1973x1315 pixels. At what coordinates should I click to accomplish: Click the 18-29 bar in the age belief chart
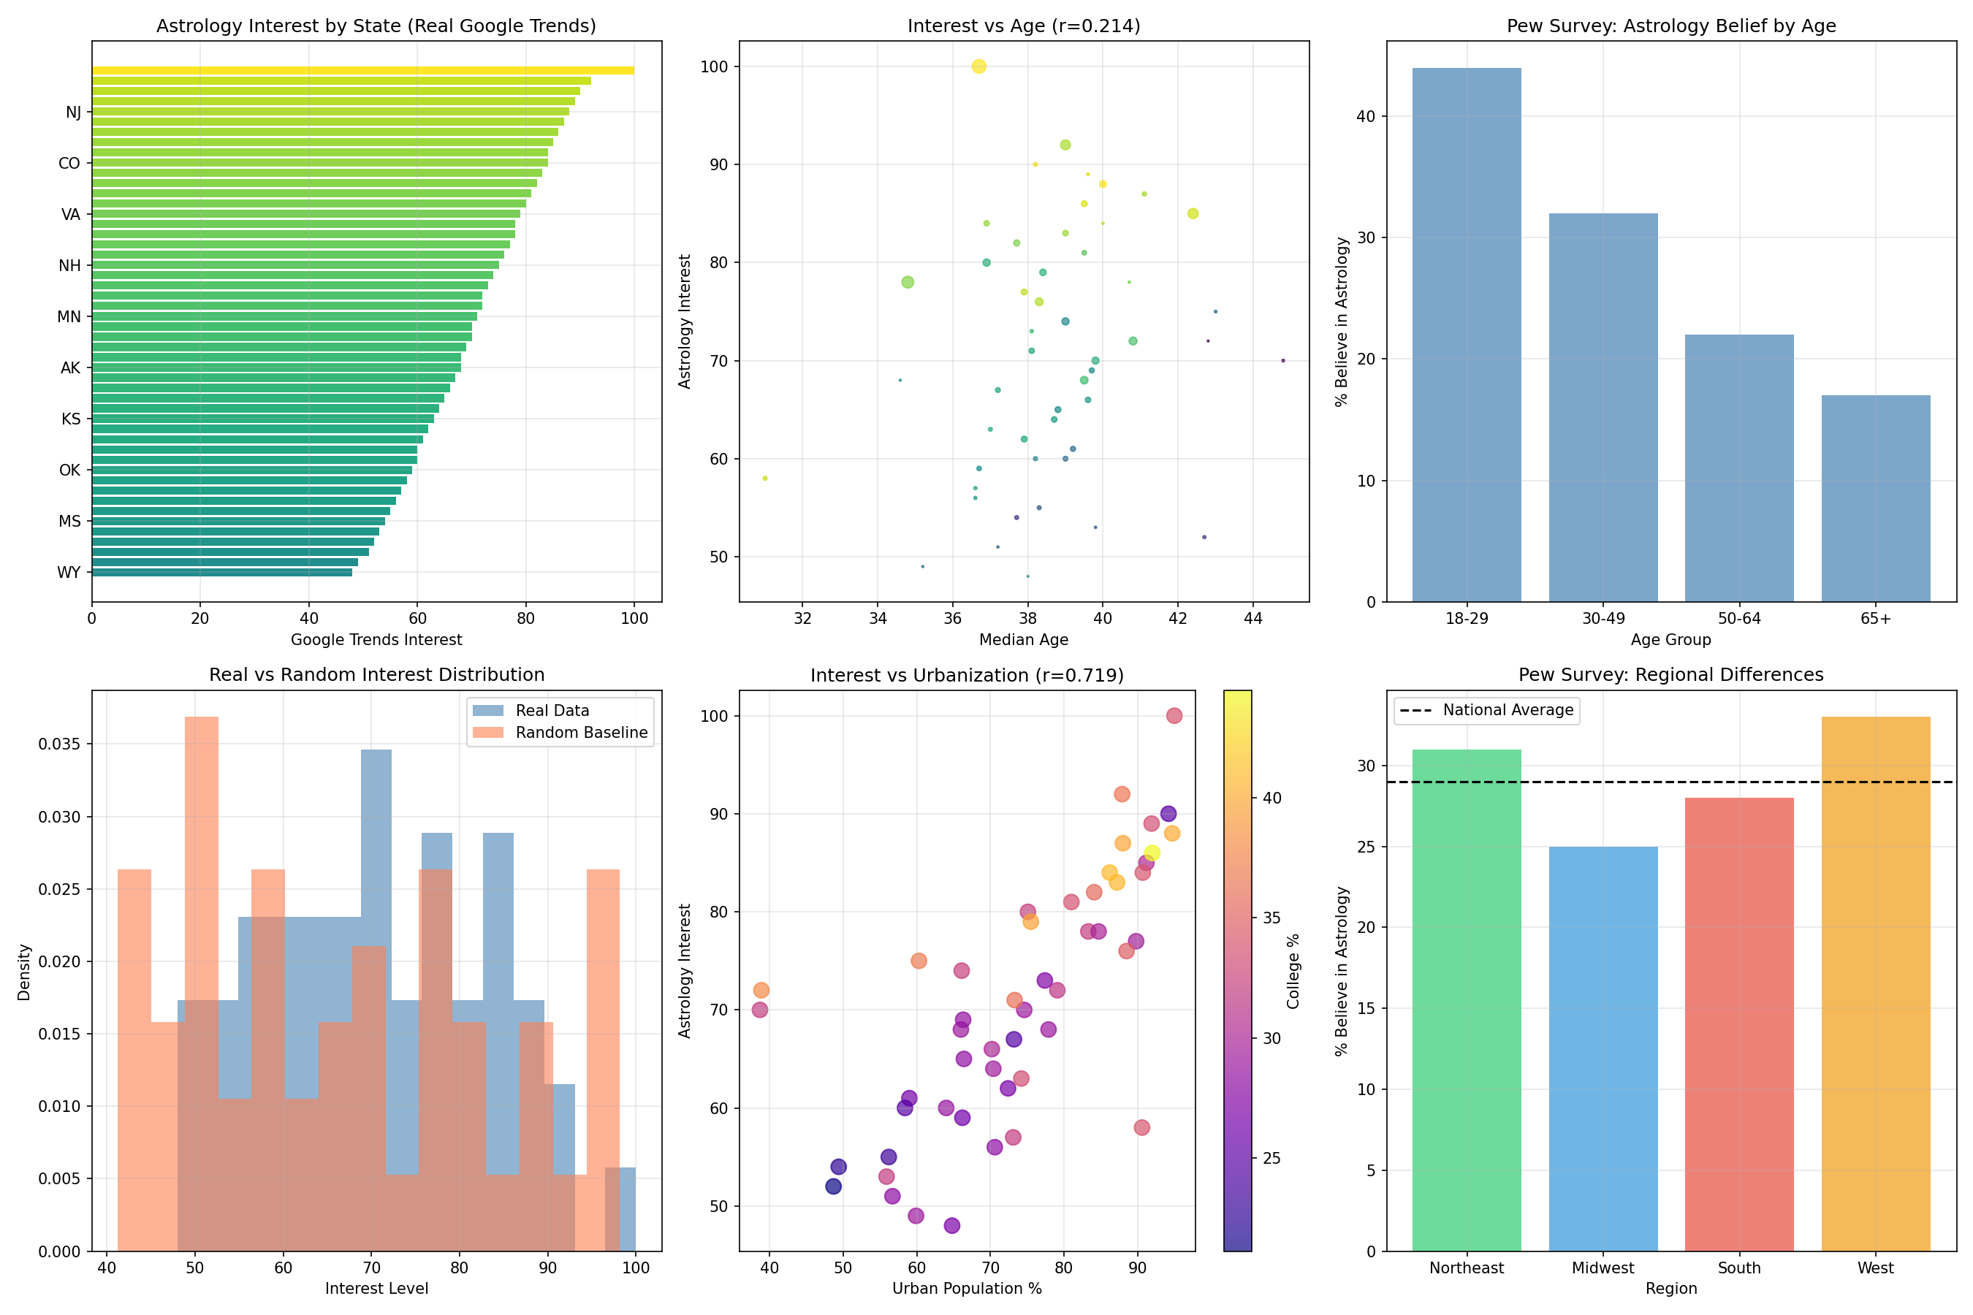pyautogui.click(x=1467, y=335)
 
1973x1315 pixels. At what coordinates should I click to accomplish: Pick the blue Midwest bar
pyautogui.click(x=1603, y=1048)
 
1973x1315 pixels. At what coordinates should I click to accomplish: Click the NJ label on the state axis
pyautogui.click(x=73, y=113)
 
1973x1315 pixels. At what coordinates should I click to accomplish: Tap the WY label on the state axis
pyautogui.click(x=69, y=573)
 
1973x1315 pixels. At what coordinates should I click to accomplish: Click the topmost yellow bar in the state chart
pyautogui.click(x=362, y=70)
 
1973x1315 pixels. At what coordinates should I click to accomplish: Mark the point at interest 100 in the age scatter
pyautogui.click(x=978, y=66)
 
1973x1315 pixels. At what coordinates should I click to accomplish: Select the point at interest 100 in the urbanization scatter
pyautogui.click(x=1174, y=715)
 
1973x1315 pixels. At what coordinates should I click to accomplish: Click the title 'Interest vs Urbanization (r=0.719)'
pyautogui.click(x=966, y=675)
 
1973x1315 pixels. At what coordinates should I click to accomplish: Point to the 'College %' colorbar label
pyautogui.click(x=1293, y=970)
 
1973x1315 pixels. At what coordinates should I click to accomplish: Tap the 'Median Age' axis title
pyautogui.click(x=1024, y=640)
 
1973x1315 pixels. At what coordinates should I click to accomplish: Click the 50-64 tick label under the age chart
pyautogui.click(x=1739, y=619)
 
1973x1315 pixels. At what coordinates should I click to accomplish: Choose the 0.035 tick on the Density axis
pyautogui.click(x=60, y=744)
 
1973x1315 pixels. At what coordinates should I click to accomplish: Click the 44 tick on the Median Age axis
pyautogui.click(x=1252, y=619)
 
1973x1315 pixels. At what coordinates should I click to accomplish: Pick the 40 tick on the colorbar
pyautogui.click(x=1271, y=798)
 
